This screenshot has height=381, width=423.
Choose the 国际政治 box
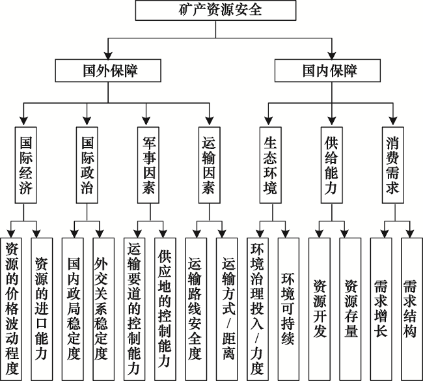(x=87, y=166)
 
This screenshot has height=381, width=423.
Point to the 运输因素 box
(x=208, y=166)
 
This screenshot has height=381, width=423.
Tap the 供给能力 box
(x=331, y=166)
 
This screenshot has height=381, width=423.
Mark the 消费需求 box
(x=392, y=166)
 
